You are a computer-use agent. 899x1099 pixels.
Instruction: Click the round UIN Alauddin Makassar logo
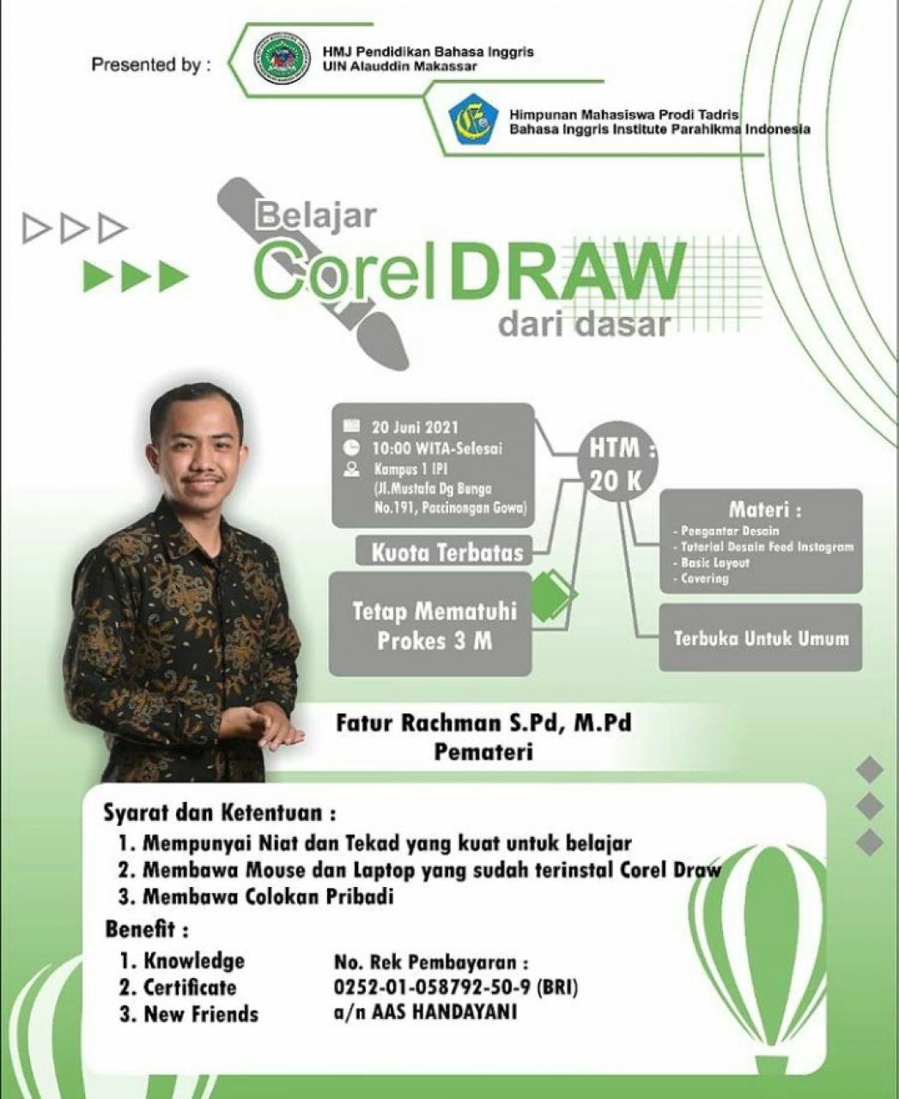click(282, 58)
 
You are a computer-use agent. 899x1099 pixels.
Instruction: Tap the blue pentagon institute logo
click(473, 120)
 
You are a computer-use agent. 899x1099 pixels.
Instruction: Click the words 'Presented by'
click(150, 64)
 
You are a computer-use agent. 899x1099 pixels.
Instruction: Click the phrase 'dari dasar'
click(583, 325)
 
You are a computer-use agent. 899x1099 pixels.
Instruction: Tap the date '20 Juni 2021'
click(415, 427)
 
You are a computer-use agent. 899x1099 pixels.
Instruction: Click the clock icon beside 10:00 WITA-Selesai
click(351, 447)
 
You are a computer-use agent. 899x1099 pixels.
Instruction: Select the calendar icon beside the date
click(351, 426)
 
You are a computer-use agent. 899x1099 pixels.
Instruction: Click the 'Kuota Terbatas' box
click(446, 551)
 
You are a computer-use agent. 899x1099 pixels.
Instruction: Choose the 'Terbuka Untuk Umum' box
click(760, 638)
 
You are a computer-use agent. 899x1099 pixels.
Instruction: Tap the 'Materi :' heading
click(765, 509)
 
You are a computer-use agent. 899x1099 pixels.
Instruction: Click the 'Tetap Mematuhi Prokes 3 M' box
click(433, 625)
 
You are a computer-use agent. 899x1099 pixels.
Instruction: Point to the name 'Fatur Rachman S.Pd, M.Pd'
click(483, 722)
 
